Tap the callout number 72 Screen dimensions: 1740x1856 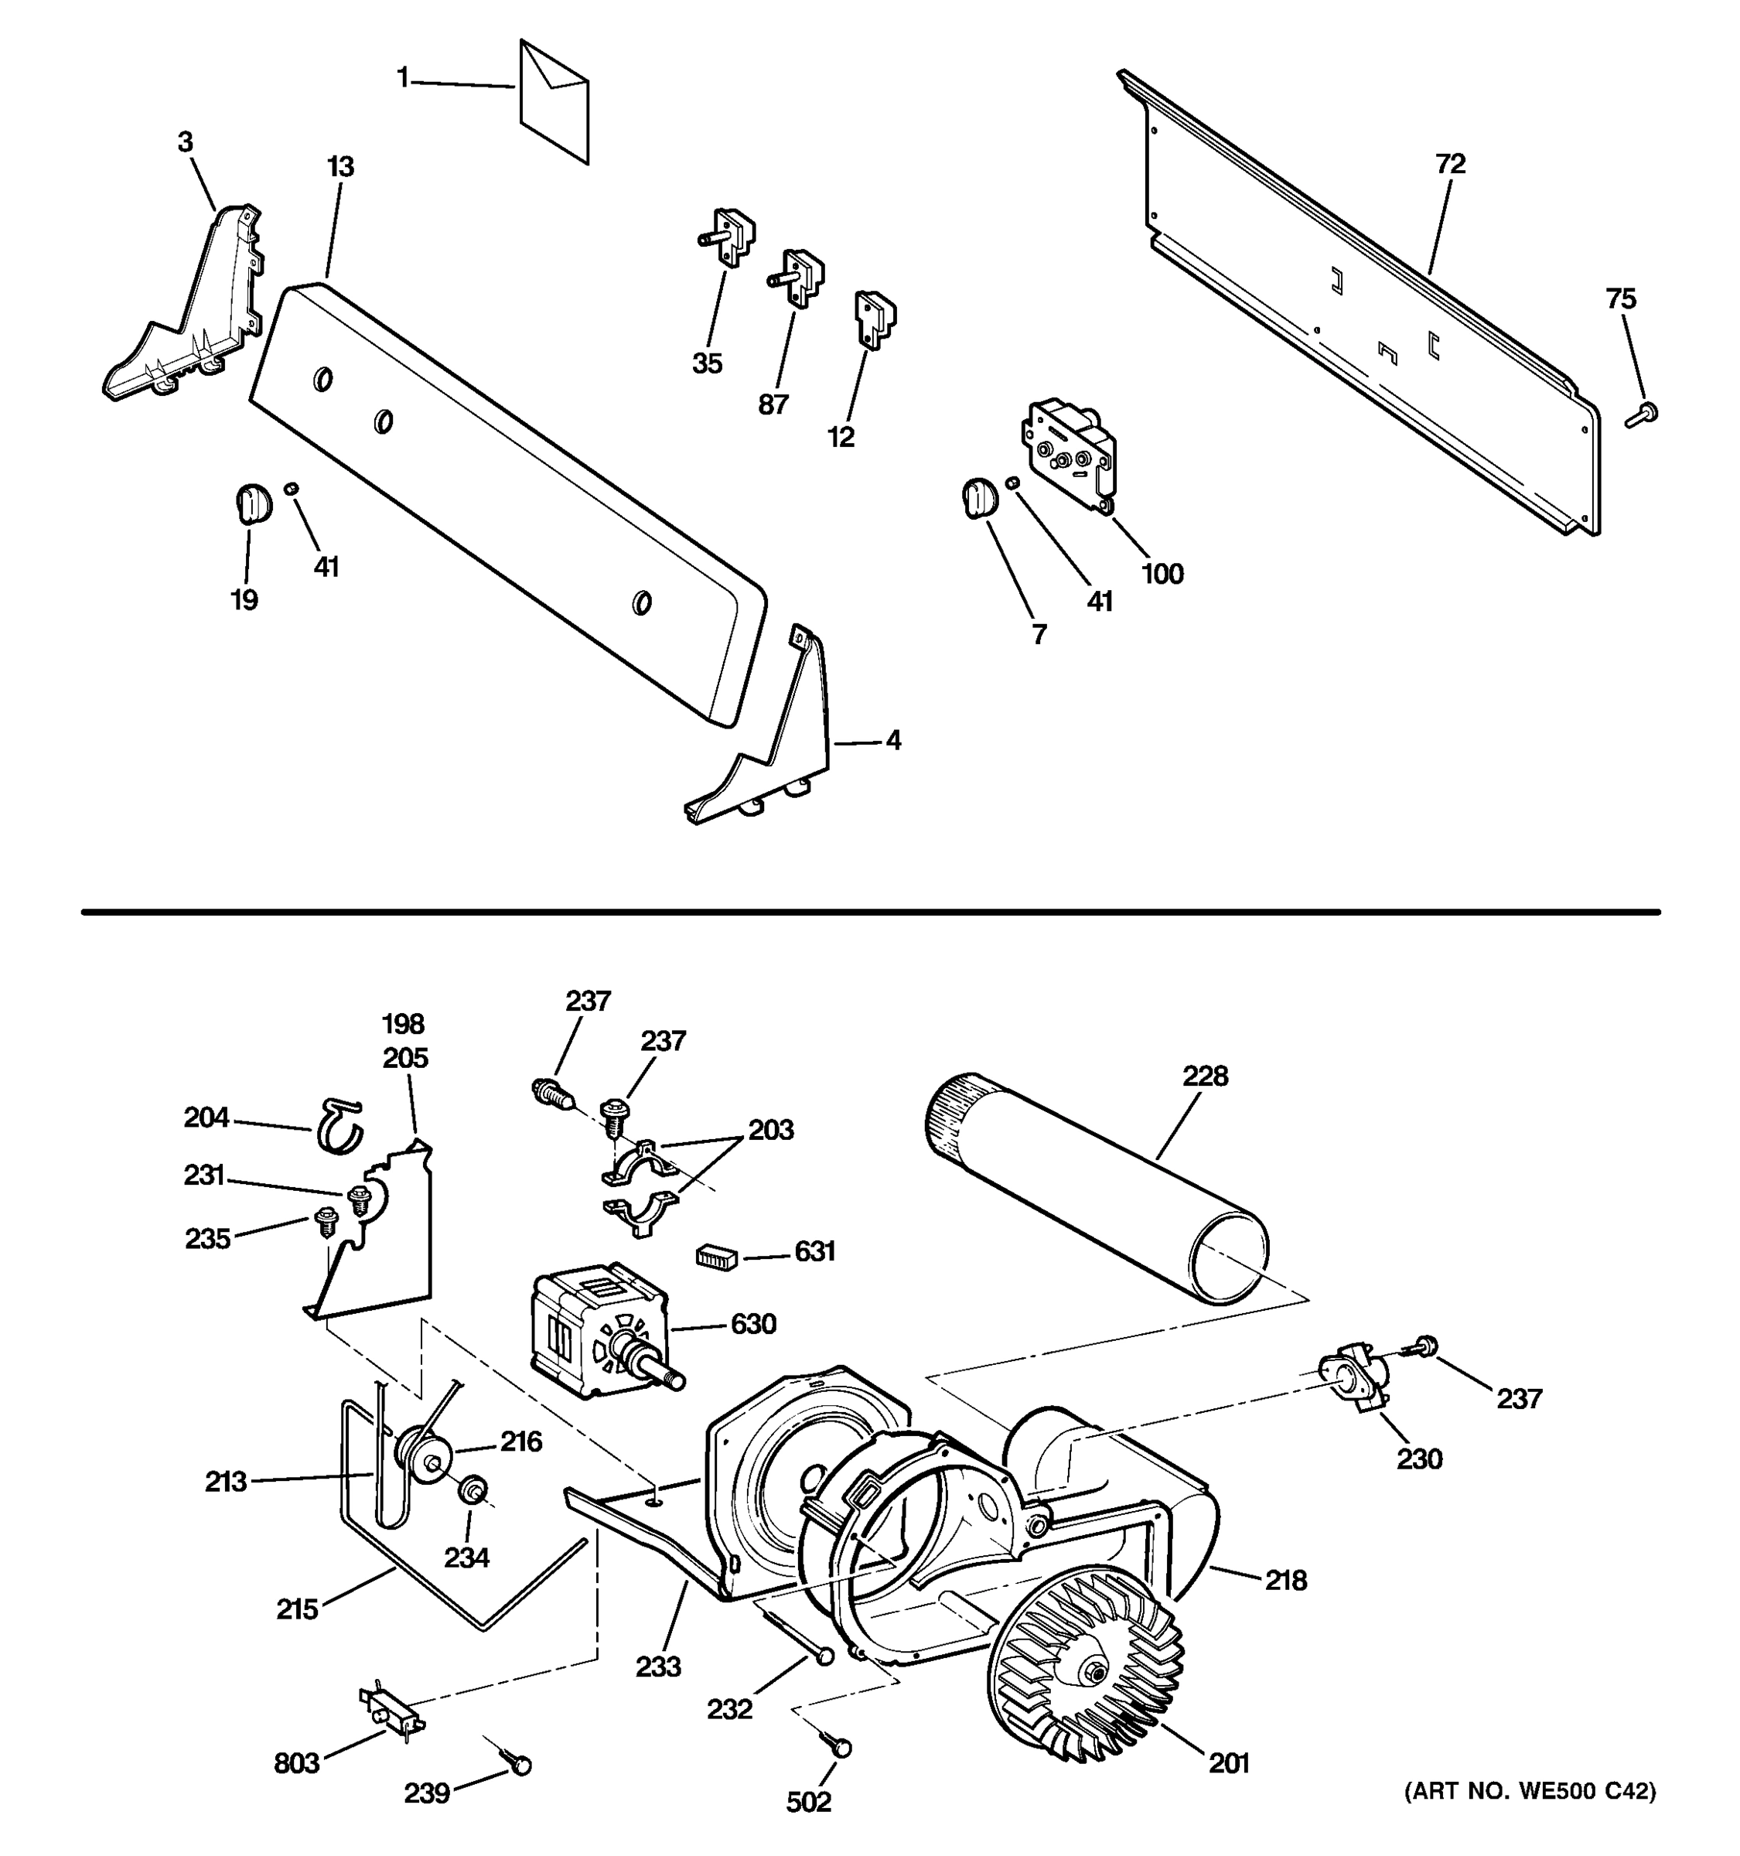1450,164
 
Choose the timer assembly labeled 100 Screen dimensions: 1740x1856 1071,454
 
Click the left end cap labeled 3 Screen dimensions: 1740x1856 183,305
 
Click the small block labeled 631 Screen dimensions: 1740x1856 717,1257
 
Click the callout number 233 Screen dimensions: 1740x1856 659,1667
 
